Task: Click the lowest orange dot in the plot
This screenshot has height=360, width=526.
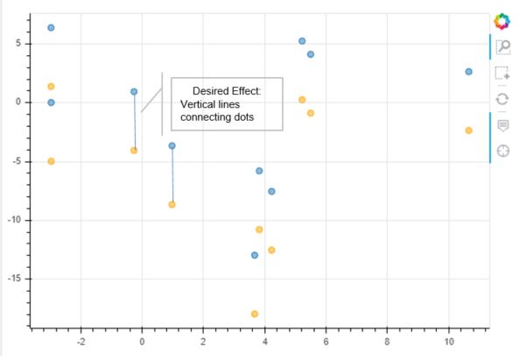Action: [255, 314]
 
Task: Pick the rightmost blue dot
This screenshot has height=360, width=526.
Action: [468, 72]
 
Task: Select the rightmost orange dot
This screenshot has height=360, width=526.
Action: [468, 131]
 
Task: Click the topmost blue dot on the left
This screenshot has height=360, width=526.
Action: [51, 28]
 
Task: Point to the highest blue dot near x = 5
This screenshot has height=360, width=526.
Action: [302, 41]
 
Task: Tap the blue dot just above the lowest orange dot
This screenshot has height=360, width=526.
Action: [255, 255]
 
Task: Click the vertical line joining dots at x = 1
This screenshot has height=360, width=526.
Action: [172, 175]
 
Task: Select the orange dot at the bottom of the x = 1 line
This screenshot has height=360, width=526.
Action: [172, 204]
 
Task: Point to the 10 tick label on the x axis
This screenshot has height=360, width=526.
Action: [449, 342]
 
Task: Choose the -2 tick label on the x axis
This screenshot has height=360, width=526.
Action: [81, 342]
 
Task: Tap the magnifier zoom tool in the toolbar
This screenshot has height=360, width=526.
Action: [502, 46]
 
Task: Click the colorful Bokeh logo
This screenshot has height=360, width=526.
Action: [501, 20]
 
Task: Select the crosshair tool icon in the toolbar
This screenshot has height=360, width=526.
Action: [502, 151]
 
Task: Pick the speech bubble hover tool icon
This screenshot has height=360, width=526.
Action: [502, 125]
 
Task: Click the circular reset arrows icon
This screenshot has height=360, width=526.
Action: [502, 99]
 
